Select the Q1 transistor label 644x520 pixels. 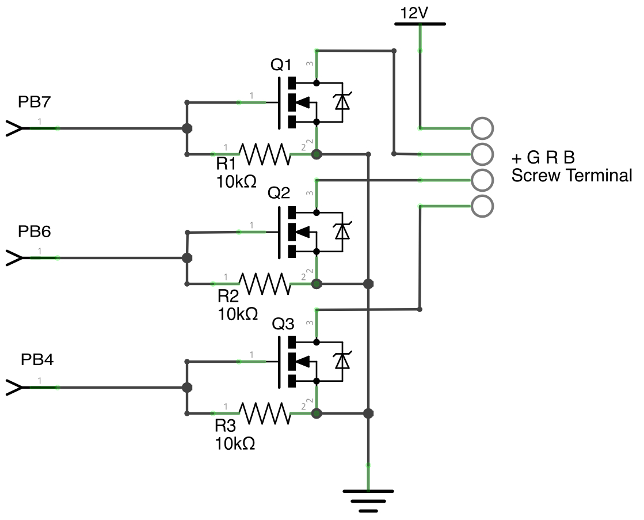pyautogui.click(x=281, y=66)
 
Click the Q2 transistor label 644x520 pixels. pyautogui.click(x=279, y=193)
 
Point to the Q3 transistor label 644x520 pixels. pyautogui.click(x=283, y=324)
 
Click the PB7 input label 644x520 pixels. pyautogui.click(x=35, y=103)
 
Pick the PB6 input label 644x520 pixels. pyautogui.click(x=35, y=231)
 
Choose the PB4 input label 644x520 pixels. pyautogui.click(x=37, y=360)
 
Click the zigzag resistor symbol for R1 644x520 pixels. pyautogui.click(x=265, y=154)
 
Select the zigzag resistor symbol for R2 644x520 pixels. pyautogui.click(x=265, y=283)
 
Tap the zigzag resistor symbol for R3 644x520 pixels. pyautogui.click(x=265, y=413)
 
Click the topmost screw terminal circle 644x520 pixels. pyautogui.click(x=482, y=128)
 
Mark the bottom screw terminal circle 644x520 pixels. pyautogui.click(x=482, y=206)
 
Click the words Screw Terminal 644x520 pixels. pyautogui.click(x=571, y=176)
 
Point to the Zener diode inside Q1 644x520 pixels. pyautogui.click(x=342, y=102)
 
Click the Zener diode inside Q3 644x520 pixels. pyautogui.click(x=342, y=360)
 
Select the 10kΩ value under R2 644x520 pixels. pyautogui.click(x=237, y=314)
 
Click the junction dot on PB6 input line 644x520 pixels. pyautogui.click(x=186, y=258)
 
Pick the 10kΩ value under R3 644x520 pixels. pyautogui.click(x=235, y=444)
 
